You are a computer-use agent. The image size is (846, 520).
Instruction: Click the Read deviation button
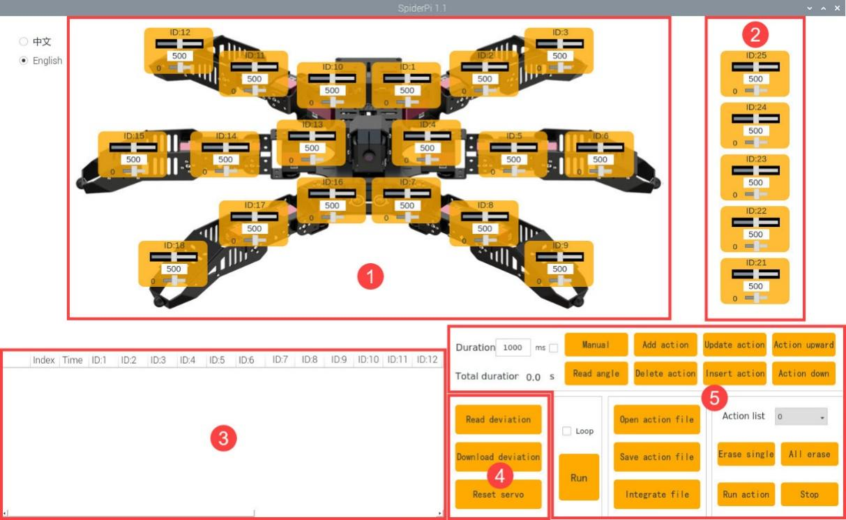498,419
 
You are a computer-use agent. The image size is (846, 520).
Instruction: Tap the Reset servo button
498,494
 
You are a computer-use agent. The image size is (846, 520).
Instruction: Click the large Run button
579,477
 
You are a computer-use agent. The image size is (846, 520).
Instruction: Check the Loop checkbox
566,431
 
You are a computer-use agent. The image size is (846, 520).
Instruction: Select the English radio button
24,61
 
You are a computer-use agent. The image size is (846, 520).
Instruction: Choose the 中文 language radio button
24,41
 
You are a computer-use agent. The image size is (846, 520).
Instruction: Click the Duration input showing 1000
513,348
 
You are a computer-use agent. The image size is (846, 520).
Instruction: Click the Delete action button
665,373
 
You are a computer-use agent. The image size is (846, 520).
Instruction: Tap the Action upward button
803,345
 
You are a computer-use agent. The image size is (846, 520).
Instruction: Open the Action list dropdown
801,417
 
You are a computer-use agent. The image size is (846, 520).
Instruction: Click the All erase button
809,454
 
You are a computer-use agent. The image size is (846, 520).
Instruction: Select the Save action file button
657,457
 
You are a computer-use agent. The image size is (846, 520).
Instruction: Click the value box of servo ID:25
755,79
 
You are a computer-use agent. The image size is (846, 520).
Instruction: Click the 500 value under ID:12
179,56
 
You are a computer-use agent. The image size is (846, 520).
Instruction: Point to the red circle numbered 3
223,438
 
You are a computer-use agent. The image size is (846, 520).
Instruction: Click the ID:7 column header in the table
280,359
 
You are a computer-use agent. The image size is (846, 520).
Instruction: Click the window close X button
838,8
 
